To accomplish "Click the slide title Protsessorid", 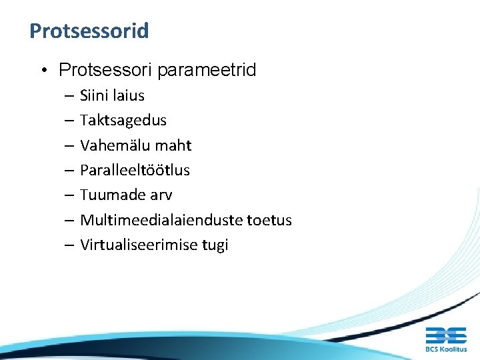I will [x=89, y=31].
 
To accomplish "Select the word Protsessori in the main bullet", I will [x=96, y=70].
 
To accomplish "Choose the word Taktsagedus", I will [x=123, y=121].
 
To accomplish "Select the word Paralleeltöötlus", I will [x=135, y=170].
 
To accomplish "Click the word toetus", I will [x=269, y=220].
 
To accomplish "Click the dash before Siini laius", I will [x=70, y=96].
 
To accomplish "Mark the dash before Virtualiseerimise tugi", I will [x=70, y=245].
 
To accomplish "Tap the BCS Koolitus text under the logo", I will [x=446, y=349].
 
